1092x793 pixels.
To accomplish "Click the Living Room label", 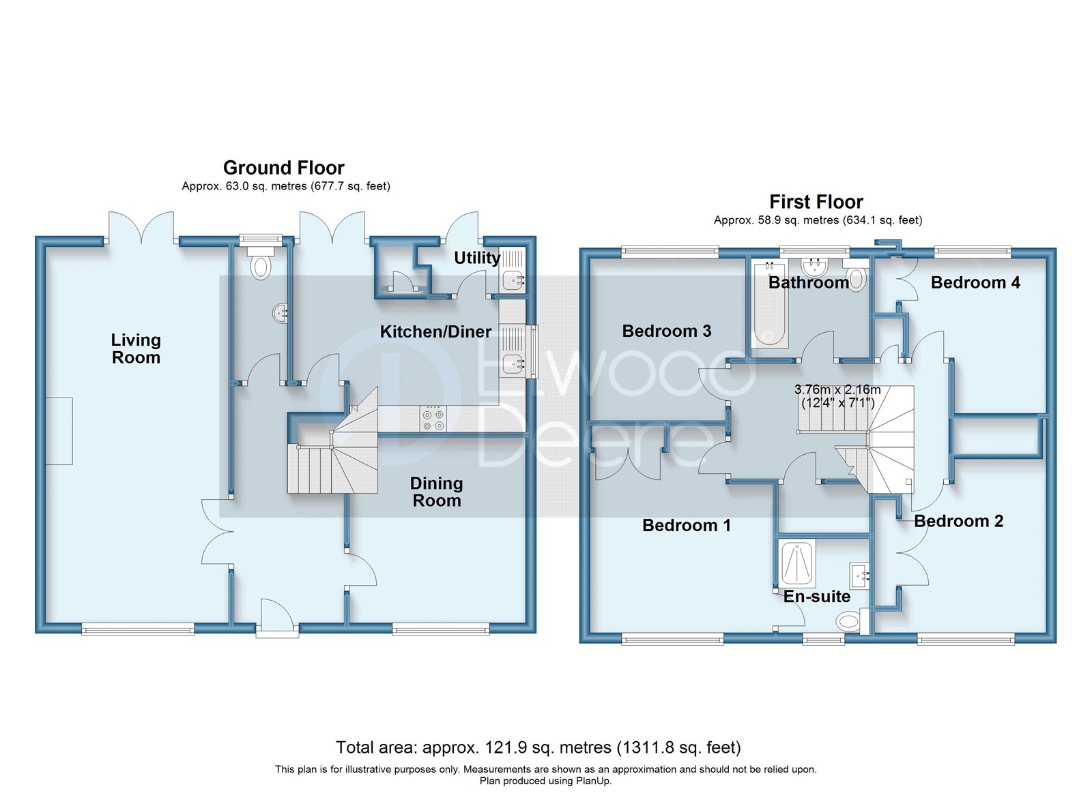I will point(136,348).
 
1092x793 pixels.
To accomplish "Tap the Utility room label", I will point(476,258).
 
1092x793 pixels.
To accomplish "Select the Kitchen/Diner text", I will point(435,332).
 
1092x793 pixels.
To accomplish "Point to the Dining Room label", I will point(436,492).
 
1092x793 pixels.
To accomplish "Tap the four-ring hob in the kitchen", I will point(433,418).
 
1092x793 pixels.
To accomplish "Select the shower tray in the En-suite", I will point(797,564).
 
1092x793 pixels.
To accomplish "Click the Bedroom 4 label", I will point(975,282).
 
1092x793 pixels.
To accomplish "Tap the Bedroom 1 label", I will point(686,525).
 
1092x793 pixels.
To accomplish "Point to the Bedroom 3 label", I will point(666,331).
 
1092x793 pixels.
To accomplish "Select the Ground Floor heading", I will point(283,168).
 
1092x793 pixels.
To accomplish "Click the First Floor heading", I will point(816,202).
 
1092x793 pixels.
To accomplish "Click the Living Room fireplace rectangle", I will point(59,431).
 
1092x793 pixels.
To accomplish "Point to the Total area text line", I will point(538,747).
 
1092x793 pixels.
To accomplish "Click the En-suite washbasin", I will point(859,576).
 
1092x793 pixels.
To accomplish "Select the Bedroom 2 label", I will point(958,521).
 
